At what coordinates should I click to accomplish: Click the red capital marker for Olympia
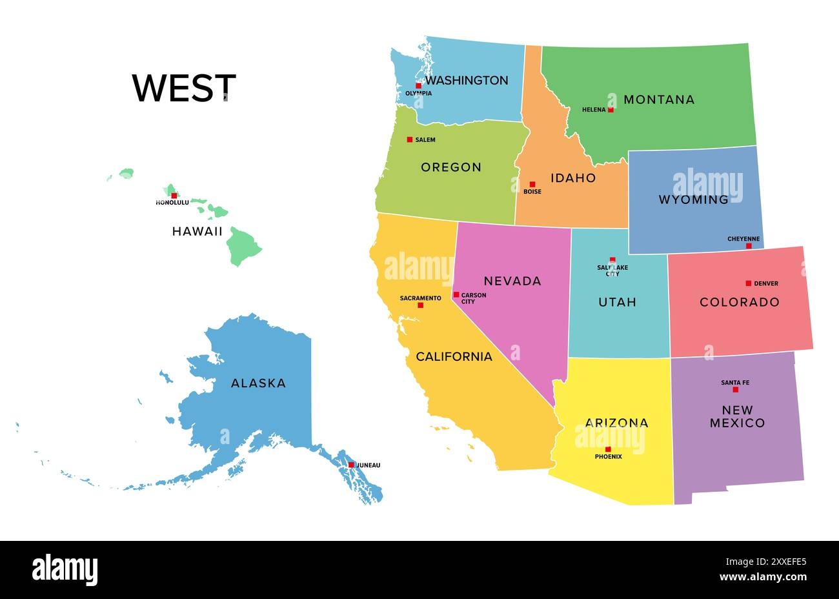418,85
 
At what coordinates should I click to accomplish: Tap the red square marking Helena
611,110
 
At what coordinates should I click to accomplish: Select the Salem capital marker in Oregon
409,139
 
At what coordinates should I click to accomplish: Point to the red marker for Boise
532,185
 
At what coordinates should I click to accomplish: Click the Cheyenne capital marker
749,246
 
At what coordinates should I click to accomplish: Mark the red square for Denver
748,283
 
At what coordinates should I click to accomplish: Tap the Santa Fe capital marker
735,390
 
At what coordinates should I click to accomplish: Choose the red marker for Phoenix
608,449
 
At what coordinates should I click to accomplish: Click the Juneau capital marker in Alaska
351,465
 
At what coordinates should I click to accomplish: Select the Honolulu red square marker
174,195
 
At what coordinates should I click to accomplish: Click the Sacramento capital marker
420,305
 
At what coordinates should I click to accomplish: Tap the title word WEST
184,88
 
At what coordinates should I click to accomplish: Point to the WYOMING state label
693,199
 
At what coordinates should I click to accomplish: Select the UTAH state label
617,301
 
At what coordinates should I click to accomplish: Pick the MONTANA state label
659,99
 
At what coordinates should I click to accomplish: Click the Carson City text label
473,298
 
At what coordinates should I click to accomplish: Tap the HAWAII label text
197,231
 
